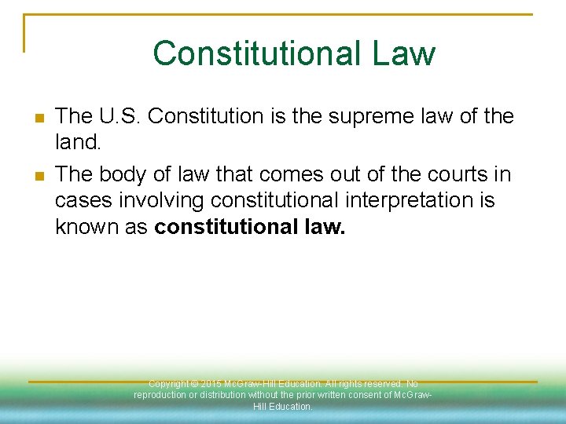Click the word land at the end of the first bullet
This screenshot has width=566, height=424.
coord(74,144)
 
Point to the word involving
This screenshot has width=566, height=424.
coord(161,201)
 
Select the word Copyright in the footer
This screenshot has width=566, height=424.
coord(168,384)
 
